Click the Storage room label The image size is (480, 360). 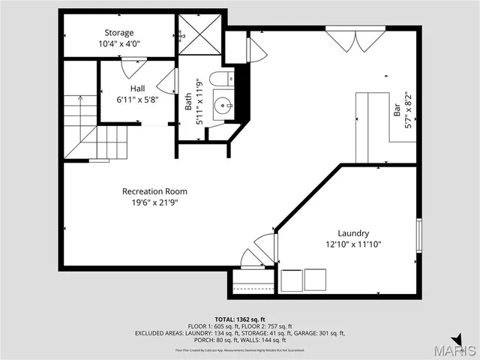[x=119, y=32]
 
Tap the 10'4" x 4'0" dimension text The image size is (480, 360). [x=119, y=43]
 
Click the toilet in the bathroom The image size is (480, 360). [x=219, y=79]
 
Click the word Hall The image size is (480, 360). [x=137, y=88]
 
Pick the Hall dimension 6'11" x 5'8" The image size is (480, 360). [x=137, y=100]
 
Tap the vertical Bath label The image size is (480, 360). [x=188, y=100]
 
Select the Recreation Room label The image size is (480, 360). [x=154, y=191]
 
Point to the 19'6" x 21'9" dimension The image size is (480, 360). [x=154, y=202]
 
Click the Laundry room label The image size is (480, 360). [x=352, y=233]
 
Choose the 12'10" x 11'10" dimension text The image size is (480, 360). [x=352, y=244]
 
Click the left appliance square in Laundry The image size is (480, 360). [x=292, y=280]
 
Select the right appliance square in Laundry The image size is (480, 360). [x=316, y=280]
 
